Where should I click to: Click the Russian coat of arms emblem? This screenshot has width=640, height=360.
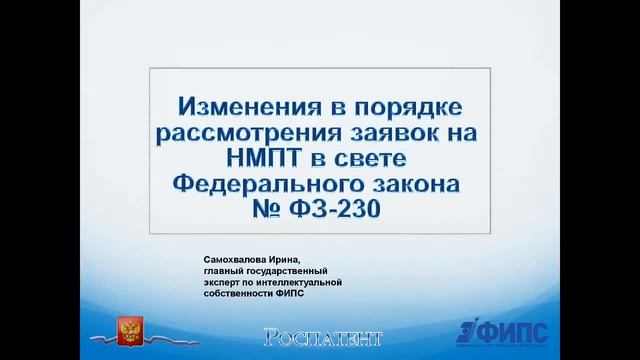(130, 331)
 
